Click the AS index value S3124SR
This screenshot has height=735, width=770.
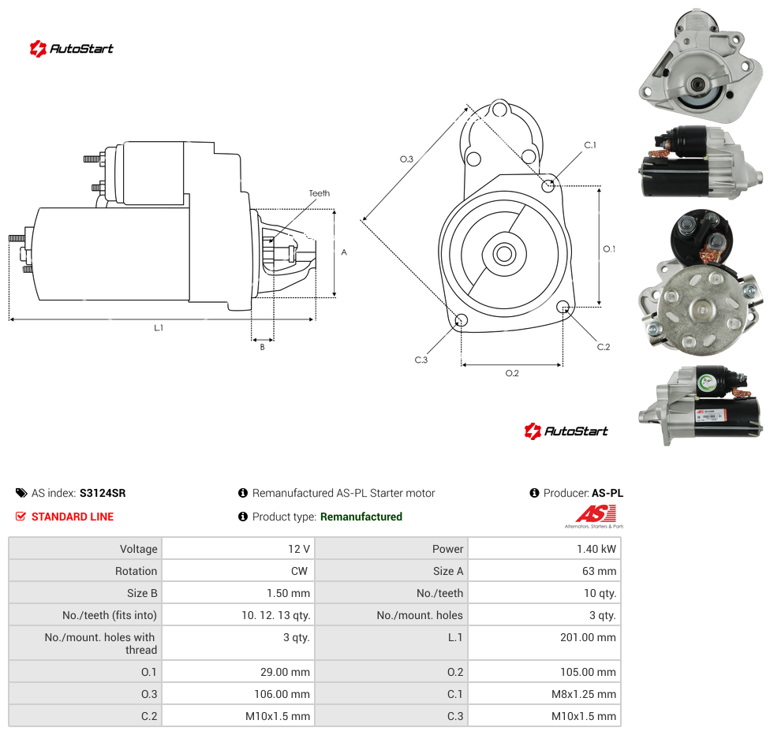click(102, 493)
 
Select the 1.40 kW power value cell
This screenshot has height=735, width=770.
click(544, 548)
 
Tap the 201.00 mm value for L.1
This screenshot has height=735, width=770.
click(544, 643)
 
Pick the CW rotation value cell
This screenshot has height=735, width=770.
click(238, 571)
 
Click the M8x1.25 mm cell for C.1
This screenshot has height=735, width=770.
click(544, 694)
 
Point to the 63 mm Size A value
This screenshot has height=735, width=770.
click(599, 571)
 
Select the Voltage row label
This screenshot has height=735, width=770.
click(139, 549)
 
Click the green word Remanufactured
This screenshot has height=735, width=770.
click(361, 517)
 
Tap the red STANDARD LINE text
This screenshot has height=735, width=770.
click(73, 517)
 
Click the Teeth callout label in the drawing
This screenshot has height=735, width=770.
click(320, 193)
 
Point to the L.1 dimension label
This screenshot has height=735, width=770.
click(158, 327)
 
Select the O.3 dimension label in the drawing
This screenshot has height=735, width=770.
click(406, 159)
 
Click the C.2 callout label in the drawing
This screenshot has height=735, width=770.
click(604, 347)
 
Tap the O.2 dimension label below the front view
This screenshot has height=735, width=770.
click(512, 373)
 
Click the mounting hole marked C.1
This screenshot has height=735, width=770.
click(548, 185)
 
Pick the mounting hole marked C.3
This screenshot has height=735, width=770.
click(461, 321)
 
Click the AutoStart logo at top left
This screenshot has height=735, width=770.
click(72, 49)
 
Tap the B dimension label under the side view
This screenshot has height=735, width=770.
click(262, 347)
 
